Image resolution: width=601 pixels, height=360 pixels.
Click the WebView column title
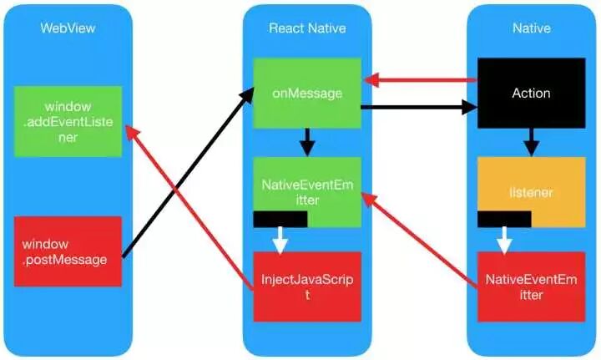click(68, 28)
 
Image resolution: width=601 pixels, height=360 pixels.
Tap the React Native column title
click(307, 28)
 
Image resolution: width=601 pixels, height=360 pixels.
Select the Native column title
click(531, 28)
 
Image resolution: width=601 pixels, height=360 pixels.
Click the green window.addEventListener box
click(68, 122)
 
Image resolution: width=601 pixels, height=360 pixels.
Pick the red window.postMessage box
click(68, 251)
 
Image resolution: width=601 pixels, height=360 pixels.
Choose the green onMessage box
click(307, 93)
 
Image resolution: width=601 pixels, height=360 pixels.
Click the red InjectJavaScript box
click(307, 286)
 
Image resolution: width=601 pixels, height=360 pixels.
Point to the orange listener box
click(532, 190)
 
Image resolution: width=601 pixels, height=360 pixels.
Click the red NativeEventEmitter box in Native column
click(526, 286)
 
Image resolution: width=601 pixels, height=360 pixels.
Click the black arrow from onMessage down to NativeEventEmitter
click(307, 142)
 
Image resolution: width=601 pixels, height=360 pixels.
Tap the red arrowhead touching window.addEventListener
click(131, 132)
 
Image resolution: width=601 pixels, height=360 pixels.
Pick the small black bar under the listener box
click(504, 219)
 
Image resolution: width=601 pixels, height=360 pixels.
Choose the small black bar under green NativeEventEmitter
click(280, 219)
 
